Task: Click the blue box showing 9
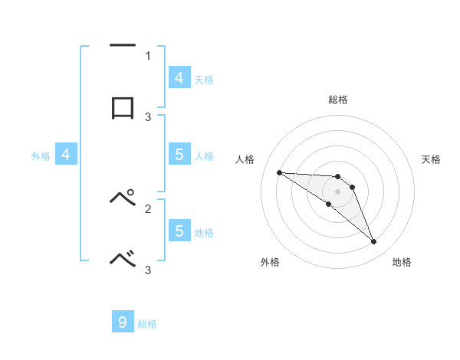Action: [x=123, y=322]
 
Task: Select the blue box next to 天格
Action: [x=179, y=77]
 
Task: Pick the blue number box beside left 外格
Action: [x=66, y=155]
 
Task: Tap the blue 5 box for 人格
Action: [x=179, y=155]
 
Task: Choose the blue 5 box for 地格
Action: [x=179, y=231]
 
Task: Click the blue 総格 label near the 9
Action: [x=147, y=324]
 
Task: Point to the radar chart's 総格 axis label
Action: [x=337, y=100]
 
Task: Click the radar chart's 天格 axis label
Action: [x=431, y=159]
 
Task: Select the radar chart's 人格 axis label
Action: [x=245, y=159]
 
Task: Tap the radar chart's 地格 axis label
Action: [x=402, y=262]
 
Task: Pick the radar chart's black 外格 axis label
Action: [x=270, y=262]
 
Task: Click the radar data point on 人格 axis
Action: [x=279, y=172]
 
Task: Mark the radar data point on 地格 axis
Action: [x=374, y=242]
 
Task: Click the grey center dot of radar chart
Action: [x=337, y=191]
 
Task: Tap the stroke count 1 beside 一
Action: [x=148, y=55]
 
